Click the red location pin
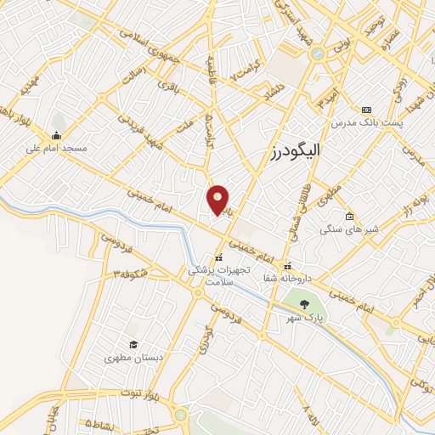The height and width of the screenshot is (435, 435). pyautogui.click(x=218, y=199)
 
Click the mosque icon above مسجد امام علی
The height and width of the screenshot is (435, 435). pyautogui.click(x=57, y=134)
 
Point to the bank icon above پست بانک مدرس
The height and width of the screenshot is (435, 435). pyautogui.click(x=367, y=110)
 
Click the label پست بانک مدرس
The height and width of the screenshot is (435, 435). pyautogui.click(x=367, y=123)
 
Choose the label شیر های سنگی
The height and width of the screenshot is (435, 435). pyautogui.click(x=349, y=229)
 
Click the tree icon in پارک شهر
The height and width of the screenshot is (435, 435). pyautogui.click(x=303, y=304)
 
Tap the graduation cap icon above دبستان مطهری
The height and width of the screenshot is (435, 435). pyautogui.click(x=133, y=344)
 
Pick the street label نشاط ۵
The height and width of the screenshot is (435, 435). pyautogui.click(x=103, y=422)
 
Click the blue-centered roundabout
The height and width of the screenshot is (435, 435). pyautogui.click(x=317, y=53)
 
